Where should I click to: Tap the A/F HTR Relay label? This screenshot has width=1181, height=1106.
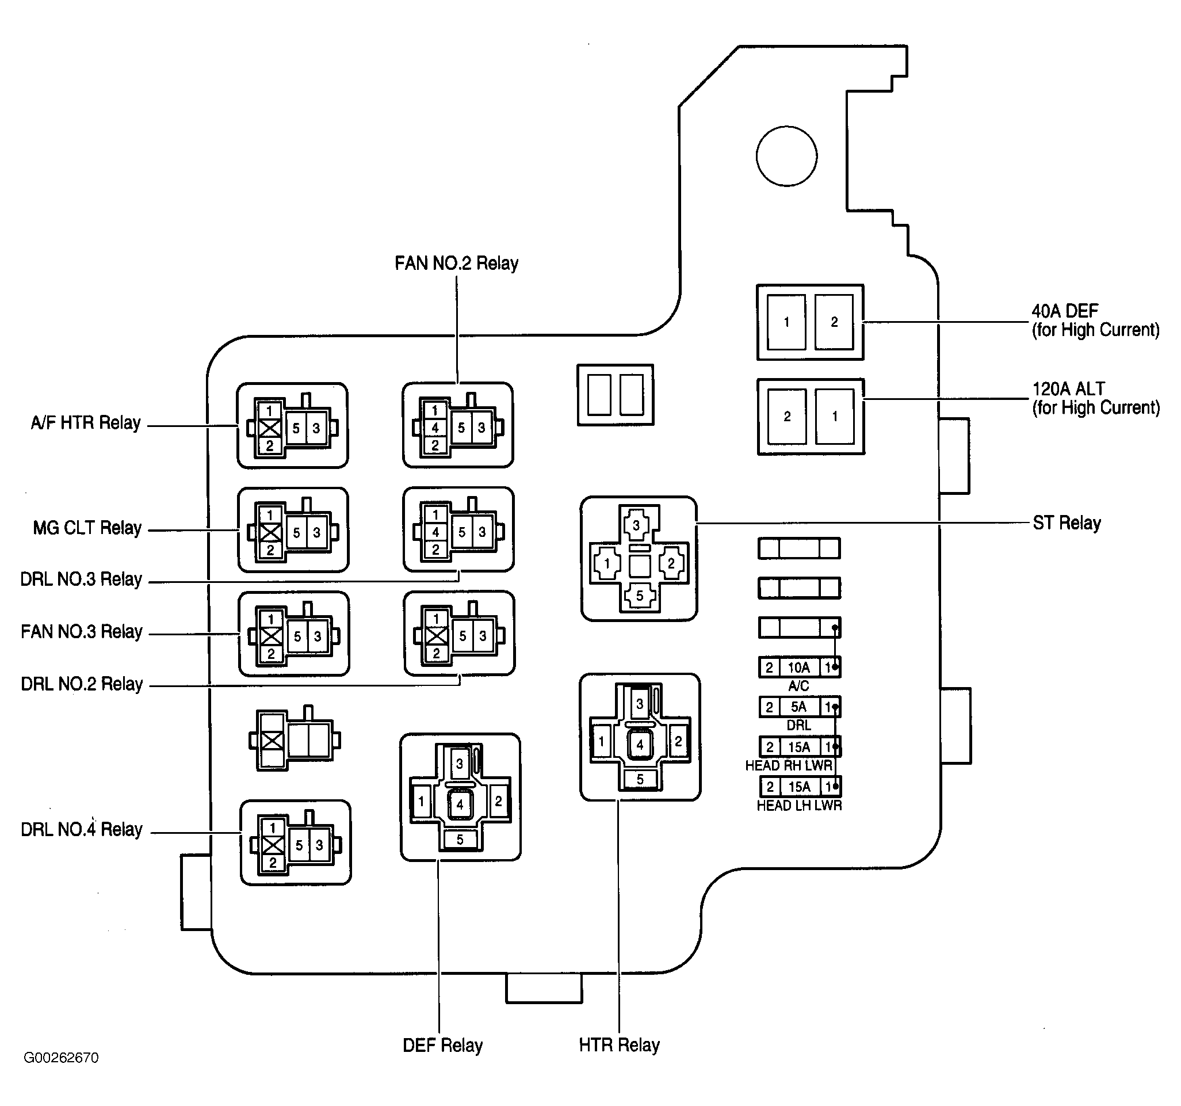pos(86,422)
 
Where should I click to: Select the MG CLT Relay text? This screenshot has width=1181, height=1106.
pos(87,528)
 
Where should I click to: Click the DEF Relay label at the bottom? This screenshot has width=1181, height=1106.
pos(442,1045)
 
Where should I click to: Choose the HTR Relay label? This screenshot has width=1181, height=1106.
pos(619,1044)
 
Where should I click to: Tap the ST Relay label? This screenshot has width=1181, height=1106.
pos(1067,523)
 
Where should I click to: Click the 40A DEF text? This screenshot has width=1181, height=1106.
pos(1065,311)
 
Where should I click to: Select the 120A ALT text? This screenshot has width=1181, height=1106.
pos(1068,388)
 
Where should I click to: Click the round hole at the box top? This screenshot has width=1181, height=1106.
pos(786,157)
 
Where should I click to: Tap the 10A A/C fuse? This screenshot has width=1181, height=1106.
pos(799,668)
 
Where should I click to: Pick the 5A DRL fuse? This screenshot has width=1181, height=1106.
pos(799,707)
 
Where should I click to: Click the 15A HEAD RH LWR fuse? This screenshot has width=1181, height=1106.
pos(800,747)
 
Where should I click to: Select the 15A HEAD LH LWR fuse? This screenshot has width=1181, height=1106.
pos(800,787)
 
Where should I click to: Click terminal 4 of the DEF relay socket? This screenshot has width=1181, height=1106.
pos(459,804)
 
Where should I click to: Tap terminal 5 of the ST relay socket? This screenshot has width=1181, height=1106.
pos(639,596)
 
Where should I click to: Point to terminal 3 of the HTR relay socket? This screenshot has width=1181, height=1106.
pos(639,704)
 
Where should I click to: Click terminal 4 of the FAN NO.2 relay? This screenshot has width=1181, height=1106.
pos(435,428)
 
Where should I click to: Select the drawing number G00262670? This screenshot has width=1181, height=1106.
pos(61,1074)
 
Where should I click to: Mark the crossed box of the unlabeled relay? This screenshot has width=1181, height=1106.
pos(272,741)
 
